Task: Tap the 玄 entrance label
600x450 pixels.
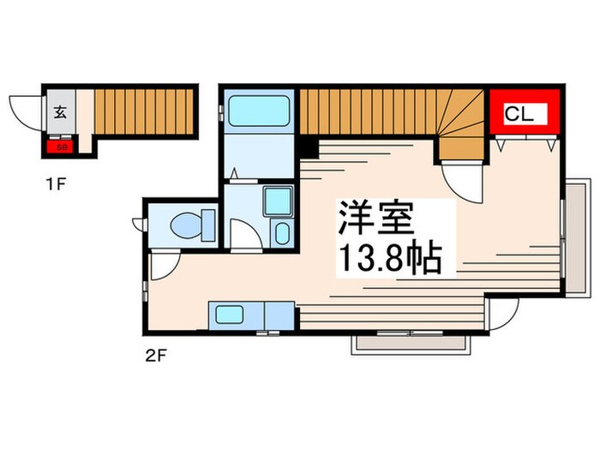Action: [61, 111]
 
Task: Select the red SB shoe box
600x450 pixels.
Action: [61, 147]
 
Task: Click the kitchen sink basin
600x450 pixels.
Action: [229, 315]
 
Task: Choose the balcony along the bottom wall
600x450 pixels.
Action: [411, 342]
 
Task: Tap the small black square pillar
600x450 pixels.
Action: [306, 147]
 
